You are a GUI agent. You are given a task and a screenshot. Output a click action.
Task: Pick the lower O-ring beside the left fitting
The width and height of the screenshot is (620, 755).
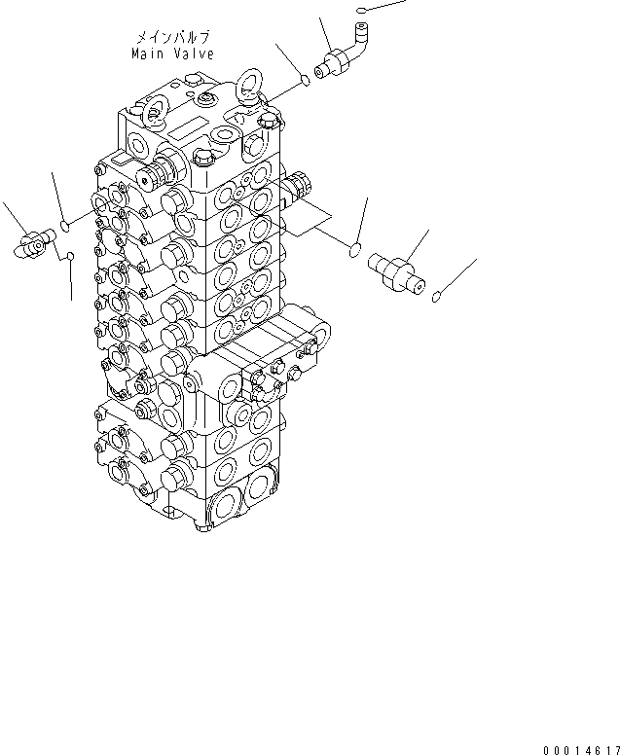[x=72, y=256]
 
